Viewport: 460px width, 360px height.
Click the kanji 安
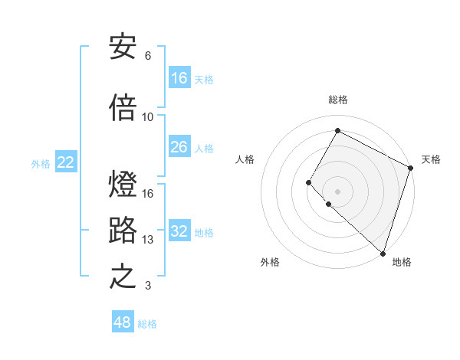coord(123,48)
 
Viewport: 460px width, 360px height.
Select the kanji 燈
coord(123,185)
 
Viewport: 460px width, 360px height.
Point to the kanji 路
coord(123,231)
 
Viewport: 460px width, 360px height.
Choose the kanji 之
coord(123,277)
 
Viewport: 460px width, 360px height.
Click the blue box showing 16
coord(179,78)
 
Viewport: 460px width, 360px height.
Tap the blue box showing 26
coord(179,147)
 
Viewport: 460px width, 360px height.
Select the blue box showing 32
coord(179,231)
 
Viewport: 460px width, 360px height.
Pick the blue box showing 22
coord(66,162)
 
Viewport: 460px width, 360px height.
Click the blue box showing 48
coord(123,322)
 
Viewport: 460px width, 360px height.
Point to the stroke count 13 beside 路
coord(148,240)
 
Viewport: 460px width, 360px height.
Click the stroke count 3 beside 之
coord(148,286)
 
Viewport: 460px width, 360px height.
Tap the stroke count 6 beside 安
coord(148,56)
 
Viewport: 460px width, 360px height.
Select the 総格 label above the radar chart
coord(337,100)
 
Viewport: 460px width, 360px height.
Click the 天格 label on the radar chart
coord(431,159)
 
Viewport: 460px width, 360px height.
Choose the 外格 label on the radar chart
coord(270,262)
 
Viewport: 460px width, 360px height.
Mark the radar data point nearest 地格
coord(383,254)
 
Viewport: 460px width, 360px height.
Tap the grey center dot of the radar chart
coord(337,191)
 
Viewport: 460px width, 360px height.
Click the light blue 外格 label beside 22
coord(41,163)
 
